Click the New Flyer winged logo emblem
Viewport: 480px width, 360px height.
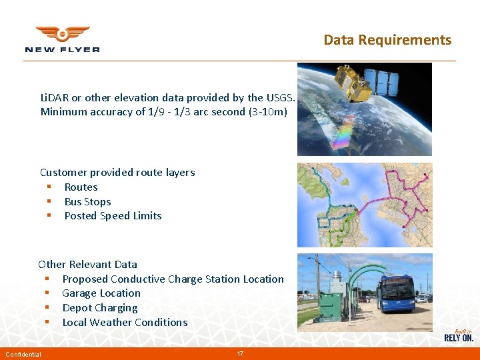coord(62,33)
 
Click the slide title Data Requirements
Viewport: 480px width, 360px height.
coord(387,40)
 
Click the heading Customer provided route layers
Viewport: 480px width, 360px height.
coord(117,172)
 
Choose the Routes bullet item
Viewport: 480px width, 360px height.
coord(81,187)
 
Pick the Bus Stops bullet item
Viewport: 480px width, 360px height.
coord(87,201)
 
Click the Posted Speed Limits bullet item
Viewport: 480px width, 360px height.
coord(113,215)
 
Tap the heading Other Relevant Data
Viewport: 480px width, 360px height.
coord(88,264)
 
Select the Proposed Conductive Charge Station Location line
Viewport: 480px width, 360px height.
coord(173,279)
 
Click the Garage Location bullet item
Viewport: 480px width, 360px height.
coord(101,293)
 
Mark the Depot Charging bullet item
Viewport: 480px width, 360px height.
coord(100,307)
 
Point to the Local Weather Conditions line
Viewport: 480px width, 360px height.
coord(125,322)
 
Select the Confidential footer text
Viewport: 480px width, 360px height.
coord(23,354)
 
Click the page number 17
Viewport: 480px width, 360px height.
coord(240,353)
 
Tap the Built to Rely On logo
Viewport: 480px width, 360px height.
coord(459,335)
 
